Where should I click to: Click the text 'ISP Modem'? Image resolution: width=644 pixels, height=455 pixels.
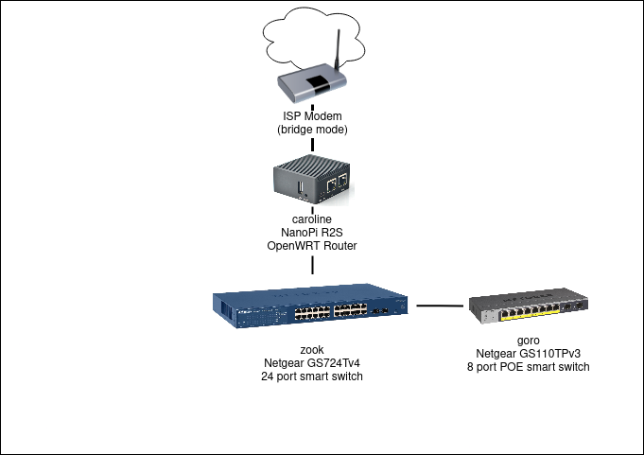click(312, 115)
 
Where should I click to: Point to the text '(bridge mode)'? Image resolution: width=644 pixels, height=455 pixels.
click(312, 129)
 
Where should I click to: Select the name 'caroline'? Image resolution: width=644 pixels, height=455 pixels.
click(312, 219)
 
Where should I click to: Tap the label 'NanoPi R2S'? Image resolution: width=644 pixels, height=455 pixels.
click(312, 233)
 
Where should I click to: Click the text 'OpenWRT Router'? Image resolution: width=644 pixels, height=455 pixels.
click(312, 246)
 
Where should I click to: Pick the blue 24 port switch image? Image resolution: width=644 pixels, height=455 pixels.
click(312, 307)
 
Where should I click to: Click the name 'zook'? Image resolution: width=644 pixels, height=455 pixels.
click(312, 349)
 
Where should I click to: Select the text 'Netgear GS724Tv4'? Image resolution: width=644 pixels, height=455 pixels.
click(312, 362)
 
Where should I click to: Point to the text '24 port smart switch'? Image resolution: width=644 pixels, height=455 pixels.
click(312, 376)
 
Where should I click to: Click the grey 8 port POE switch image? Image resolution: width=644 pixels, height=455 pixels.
click(529, 307)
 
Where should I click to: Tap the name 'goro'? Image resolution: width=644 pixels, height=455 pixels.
click(529, 340)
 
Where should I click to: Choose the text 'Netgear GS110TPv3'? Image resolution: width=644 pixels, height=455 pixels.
click(529, 353)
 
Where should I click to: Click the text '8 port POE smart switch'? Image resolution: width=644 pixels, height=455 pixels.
click(529, 366)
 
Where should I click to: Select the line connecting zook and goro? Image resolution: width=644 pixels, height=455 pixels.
click(442, 306)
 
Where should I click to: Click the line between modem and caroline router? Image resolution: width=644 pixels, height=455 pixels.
click(312, 148)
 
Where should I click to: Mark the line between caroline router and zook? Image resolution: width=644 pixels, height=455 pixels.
click(312, 265)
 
